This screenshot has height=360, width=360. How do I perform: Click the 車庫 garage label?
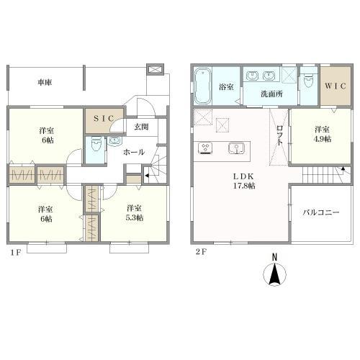[x=45, y=82]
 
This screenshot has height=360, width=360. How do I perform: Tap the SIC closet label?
[x=104, y=118]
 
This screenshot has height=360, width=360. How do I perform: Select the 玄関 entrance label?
[x=141, y=127]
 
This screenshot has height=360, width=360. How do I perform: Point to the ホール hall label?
[x=134, y=152]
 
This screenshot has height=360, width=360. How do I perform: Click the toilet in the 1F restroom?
[x=96, y=144]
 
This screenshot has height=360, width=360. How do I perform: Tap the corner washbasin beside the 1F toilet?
[x=114, y=141]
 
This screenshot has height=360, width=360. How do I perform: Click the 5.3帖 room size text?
[x=135, y=217]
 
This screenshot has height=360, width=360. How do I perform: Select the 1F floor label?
[x=16, y=253]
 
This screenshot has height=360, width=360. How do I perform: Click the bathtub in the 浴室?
[x=203, y=86]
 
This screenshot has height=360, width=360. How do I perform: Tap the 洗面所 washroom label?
[x=271, y=94]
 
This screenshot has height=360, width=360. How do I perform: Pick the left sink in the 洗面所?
[x=252, y=76]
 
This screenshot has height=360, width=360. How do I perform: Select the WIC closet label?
[x=336, y=86]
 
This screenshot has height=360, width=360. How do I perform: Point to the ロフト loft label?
[x=280, y=135]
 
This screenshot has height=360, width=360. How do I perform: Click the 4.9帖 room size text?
[x=323, y=139]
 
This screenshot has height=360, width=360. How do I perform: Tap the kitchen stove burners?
[x=204, y=148]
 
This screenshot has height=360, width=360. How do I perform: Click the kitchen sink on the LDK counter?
[x=236, y=148]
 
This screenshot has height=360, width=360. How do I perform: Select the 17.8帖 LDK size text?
[x=244, y=186]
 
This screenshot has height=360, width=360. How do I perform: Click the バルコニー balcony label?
[x=321, y=212]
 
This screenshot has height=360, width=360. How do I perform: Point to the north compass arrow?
[x=274, y=273]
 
